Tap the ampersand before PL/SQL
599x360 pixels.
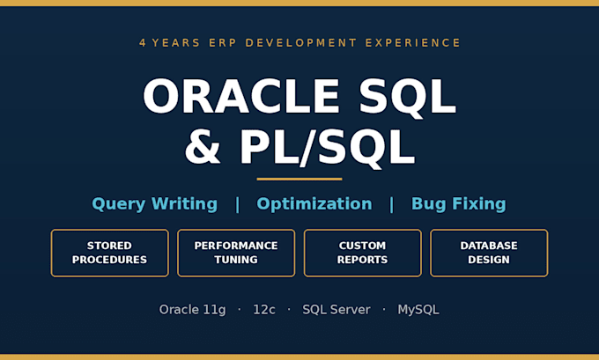[x=203, y=147]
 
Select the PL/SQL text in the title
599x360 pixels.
[x=327, y=148]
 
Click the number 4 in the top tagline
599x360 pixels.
[x=143, y=43]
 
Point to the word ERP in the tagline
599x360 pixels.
[x=223, y=43]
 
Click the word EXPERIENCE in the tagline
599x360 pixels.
[x=413, y=43]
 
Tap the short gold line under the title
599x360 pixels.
[x=299, y=179]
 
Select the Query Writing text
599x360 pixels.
[x=155, y=204]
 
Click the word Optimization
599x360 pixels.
[x=314, y=204]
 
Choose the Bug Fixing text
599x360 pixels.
[x=458, y=204]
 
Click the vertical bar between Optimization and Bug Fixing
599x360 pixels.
[x=392, y=204]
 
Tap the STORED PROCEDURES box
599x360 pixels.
[x=109, y=253]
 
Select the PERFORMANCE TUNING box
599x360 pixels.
[x=236, y=253]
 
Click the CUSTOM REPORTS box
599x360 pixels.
[x=363, y=253]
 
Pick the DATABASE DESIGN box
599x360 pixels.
[x=489, y=253]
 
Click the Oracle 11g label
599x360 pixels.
[x=193, y=310]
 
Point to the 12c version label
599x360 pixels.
[x=264, y=310]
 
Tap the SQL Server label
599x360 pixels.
[x=336, y=310]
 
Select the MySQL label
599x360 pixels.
[x=418, y=310]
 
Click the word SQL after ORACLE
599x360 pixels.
[x=408, y=97]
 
